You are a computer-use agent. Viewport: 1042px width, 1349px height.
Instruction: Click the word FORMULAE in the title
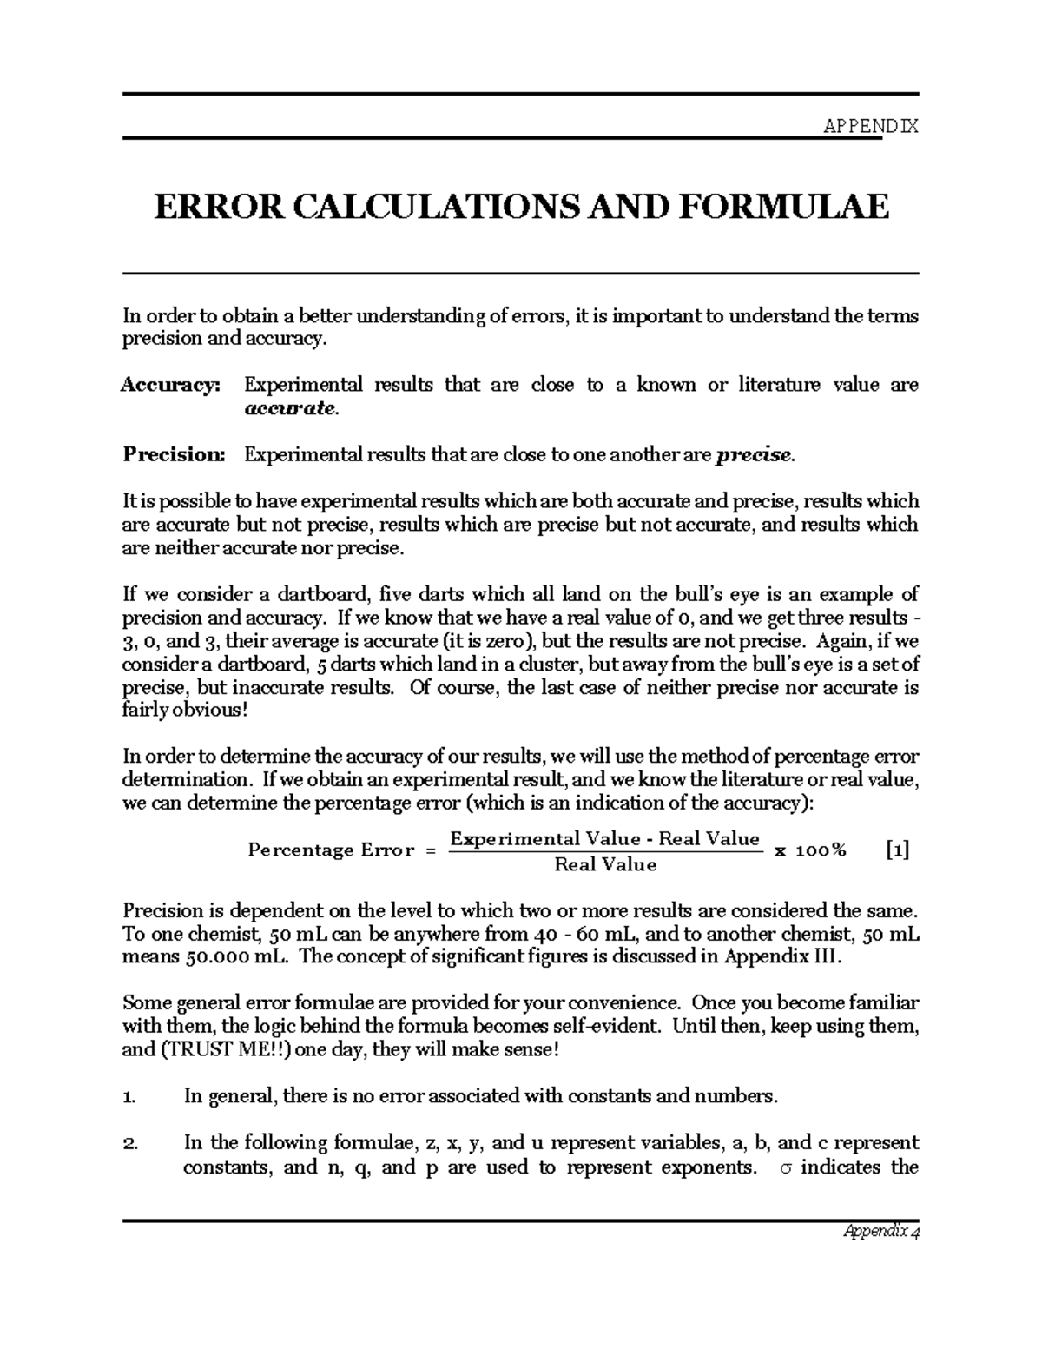(787, 207)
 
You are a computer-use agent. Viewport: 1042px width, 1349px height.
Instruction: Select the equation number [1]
(898, 850)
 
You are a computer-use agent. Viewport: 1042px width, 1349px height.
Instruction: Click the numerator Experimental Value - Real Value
(604, 839)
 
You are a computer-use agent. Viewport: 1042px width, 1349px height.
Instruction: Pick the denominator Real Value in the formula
(605, 865)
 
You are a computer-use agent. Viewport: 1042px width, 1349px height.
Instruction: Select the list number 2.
(129, 1143)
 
